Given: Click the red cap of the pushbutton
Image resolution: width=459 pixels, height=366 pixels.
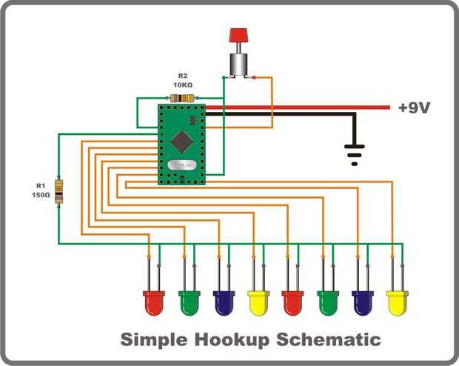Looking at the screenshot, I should coord(238,35).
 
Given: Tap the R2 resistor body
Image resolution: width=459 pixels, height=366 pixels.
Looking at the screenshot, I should coord(181,98).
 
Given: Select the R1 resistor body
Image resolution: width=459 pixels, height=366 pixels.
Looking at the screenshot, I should coord(58,192).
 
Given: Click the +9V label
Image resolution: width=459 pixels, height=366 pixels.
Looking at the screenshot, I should coord(414,108).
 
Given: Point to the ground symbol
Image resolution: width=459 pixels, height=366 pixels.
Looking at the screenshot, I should coord(355,152).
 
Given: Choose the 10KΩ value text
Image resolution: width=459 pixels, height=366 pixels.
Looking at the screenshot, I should coord(183,85).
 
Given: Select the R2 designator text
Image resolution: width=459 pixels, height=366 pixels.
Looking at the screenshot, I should coord(183,76).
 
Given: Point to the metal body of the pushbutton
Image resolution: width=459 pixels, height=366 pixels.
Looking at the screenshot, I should coord(238,63).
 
